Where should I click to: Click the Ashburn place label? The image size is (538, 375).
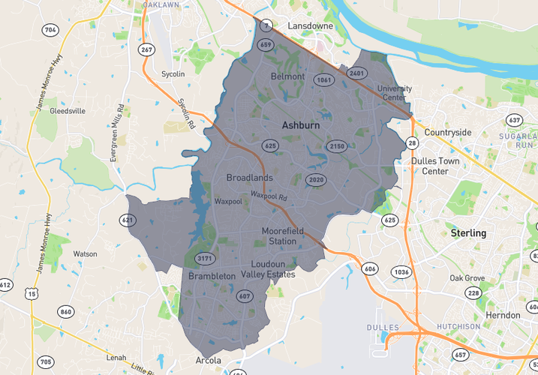(x=301, y=125)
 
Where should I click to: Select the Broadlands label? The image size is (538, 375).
(x=249, y=178)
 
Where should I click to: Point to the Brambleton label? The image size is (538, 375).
(x=212, y=276)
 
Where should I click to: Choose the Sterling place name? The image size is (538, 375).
(x=468, y=233)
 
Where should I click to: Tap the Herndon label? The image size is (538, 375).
(x=503, y=315)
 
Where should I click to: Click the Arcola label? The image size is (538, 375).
(x=209, y=361)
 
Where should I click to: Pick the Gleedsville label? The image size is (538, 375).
(x=68, y=110)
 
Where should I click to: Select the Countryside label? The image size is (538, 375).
(x=448, y=132)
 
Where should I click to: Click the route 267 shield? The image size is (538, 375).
(x=146, y=49)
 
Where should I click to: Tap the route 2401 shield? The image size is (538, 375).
(x=356, y=73)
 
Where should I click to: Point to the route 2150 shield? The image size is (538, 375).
(x=337, y=146)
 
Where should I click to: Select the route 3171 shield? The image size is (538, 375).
(x=204, y=259)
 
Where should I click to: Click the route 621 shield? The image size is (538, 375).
(x=128, y=220)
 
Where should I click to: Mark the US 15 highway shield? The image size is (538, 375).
(x=32, y=294)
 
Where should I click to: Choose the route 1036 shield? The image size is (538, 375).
(x=402, y=272)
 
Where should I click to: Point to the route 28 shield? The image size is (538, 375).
(x=413, y=142)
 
